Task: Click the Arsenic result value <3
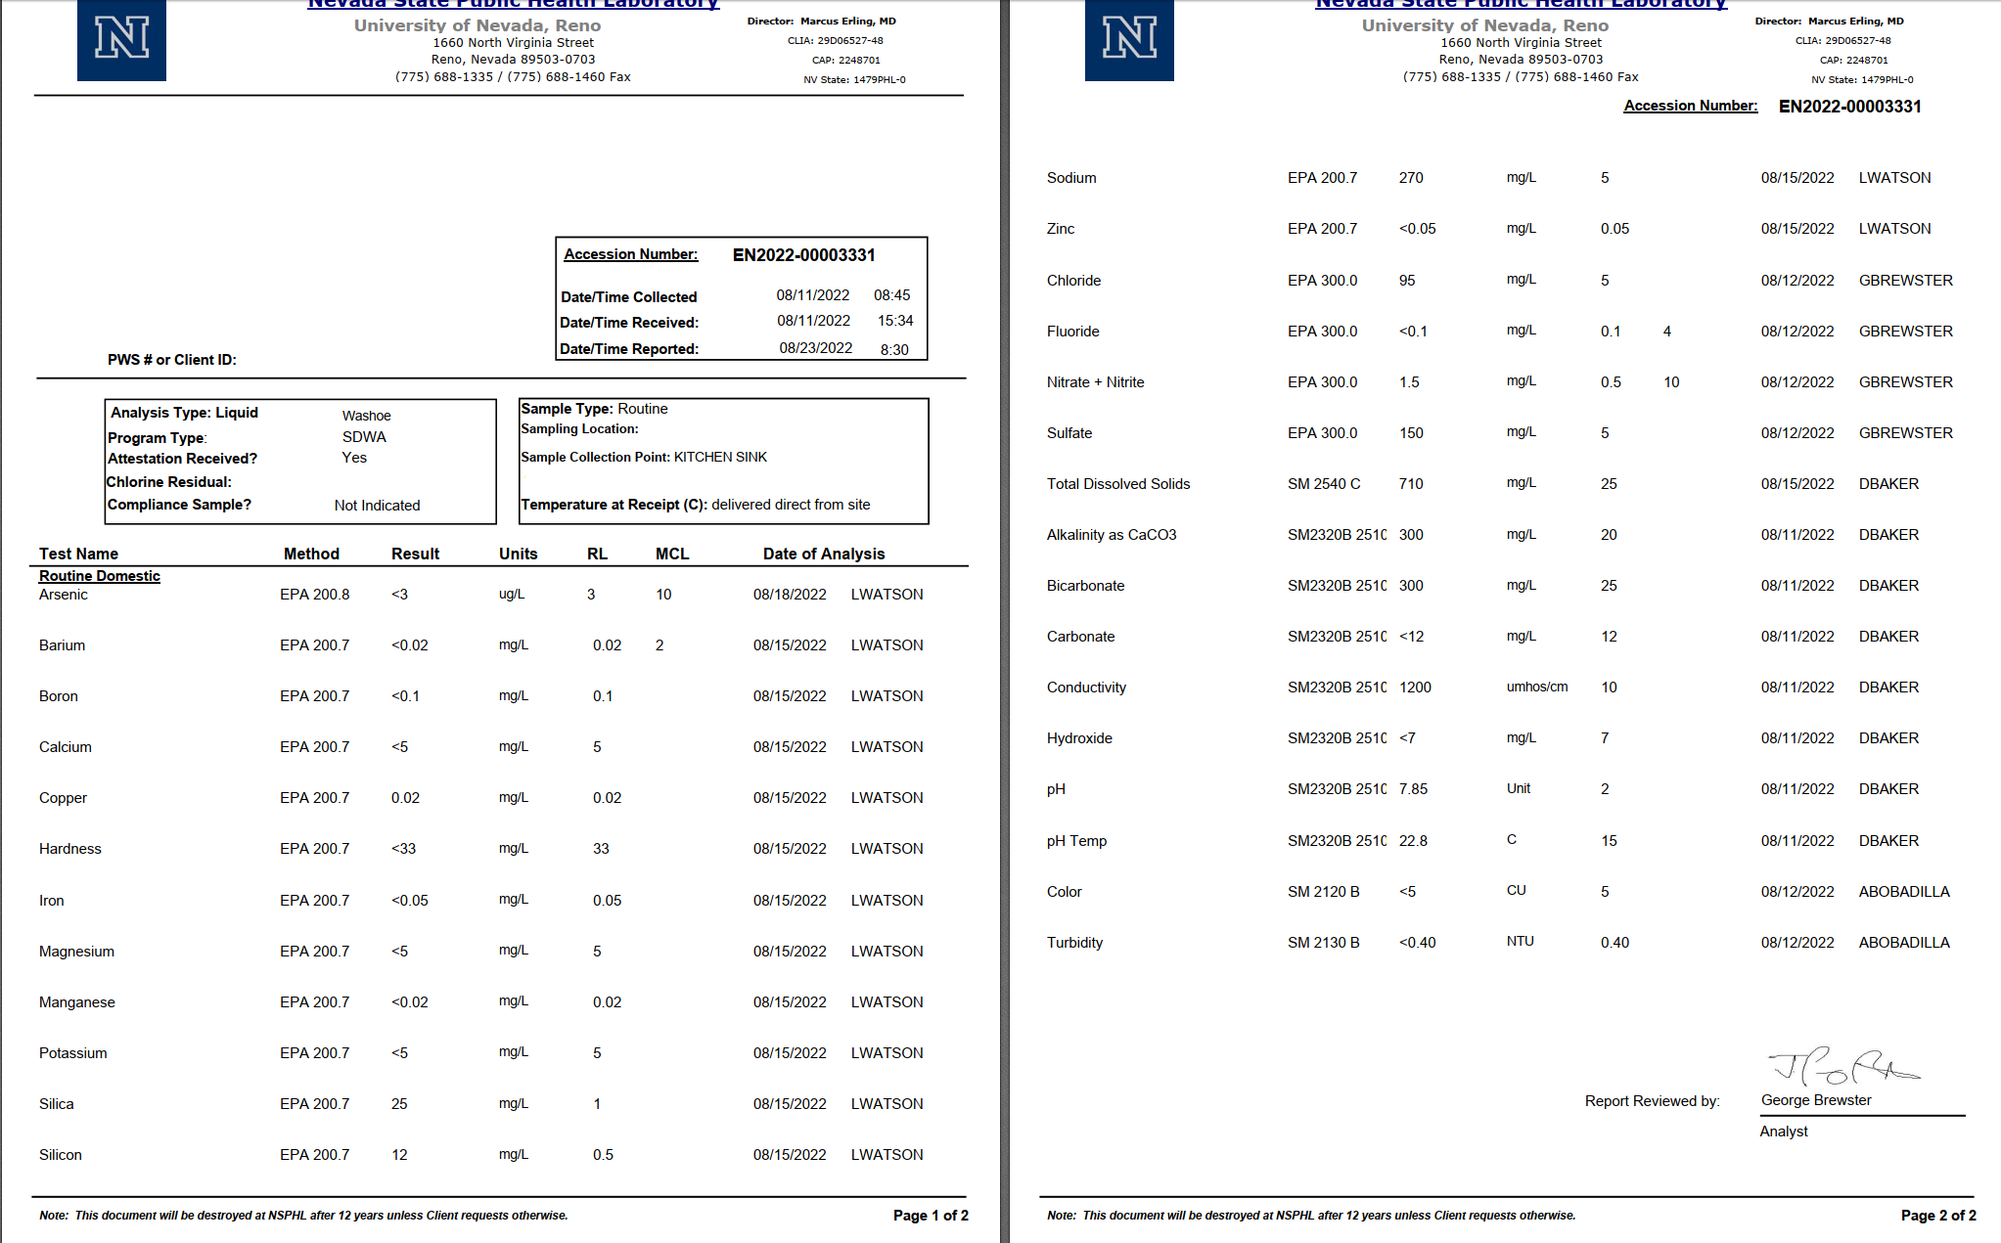coord(399,595)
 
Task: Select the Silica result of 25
coord(399,1104)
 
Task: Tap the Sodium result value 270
coord(1411,178)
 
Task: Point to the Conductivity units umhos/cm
coord(1536,688)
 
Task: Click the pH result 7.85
coord(1413,789)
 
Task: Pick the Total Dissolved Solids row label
coord(1117,484)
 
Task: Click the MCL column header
coord(672,554)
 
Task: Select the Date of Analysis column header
coord(823,554)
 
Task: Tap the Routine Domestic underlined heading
coord(100,576)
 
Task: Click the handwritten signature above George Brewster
coord(1842,1068)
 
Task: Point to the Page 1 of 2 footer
coord(930,1215)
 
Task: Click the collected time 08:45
coord(891,295)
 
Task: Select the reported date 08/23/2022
coord(815,348)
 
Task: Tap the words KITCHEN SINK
coord(720,457)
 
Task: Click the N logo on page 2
coord(1129,40)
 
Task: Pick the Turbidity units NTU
coord(1520,942)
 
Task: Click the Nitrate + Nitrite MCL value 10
coord(1671,382)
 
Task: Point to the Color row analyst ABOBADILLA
coord(1903,892)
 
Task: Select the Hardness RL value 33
coord(601,849)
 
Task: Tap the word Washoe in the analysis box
coord(366,416)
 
